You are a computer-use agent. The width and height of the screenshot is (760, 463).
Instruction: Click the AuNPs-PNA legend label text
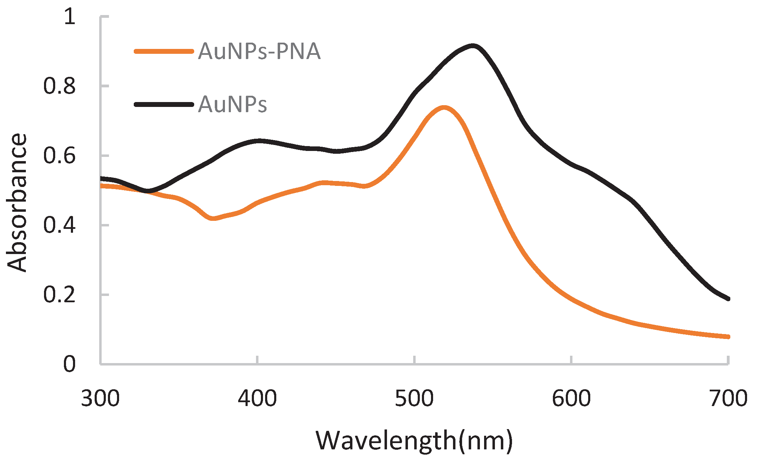(x=259, y=52)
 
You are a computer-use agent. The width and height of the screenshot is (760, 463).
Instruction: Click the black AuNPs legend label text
(x=232, y=104)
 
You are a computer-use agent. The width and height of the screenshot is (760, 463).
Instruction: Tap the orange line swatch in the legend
(x=164, y=51)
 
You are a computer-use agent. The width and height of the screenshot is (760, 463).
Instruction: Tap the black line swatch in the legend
(x=164, y=104)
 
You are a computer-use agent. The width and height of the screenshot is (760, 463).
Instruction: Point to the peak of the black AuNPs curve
(x=473, y=46)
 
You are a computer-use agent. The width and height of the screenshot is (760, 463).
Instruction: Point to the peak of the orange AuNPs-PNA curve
(x=444, y=108)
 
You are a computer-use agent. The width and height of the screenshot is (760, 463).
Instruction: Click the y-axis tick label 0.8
(x=59, y=86)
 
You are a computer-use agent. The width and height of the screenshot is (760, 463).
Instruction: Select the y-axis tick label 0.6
(x=59, y=155)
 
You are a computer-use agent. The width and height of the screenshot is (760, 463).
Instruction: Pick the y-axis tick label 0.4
(x=59, y=225)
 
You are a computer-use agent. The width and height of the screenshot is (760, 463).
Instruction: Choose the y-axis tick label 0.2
(x=59, y=295)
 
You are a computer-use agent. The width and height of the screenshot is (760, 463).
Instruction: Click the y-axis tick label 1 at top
(x=70, y=16)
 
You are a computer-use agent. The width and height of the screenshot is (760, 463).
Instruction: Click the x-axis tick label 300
(x=100, y=398)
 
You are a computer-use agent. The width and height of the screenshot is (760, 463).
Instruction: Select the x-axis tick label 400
(x=257, y=398)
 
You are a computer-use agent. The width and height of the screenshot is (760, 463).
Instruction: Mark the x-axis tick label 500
(x=414, y=398)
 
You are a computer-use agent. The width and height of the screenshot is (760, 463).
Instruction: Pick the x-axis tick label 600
(x=571, y=398)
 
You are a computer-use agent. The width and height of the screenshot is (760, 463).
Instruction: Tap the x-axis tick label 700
(x=728, y=398)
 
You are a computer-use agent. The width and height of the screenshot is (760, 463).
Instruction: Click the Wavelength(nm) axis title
(x=414, y=441)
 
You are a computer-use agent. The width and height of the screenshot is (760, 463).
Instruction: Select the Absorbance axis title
(x=17, y=203)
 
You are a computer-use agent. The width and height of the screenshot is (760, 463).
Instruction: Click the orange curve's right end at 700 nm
(x=727, y=337)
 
